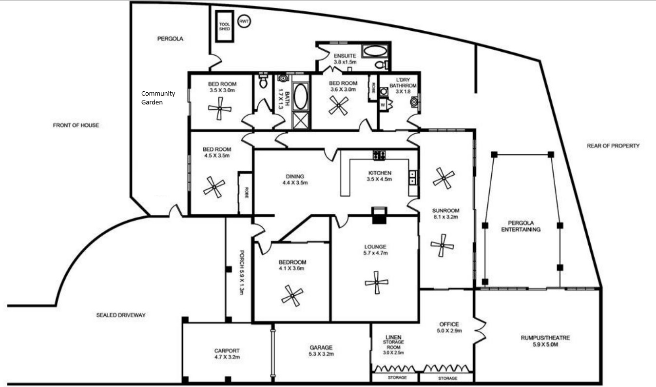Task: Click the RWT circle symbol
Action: coord(244,21)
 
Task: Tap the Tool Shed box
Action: coord(225,26)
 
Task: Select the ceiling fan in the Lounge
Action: coord(377,282)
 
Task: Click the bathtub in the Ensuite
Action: coord(374,51)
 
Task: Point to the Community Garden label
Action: coord(158,98)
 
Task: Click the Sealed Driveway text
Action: coord(121,315)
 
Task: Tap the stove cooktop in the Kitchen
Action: coord(379,155)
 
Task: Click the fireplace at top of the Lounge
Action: coord(379,215)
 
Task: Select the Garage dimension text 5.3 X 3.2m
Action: coord(321,354)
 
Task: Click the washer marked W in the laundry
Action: coord(383,104)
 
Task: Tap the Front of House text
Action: coord(76,125)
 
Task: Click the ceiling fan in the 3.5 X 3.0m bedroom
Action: coord(219,108)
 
